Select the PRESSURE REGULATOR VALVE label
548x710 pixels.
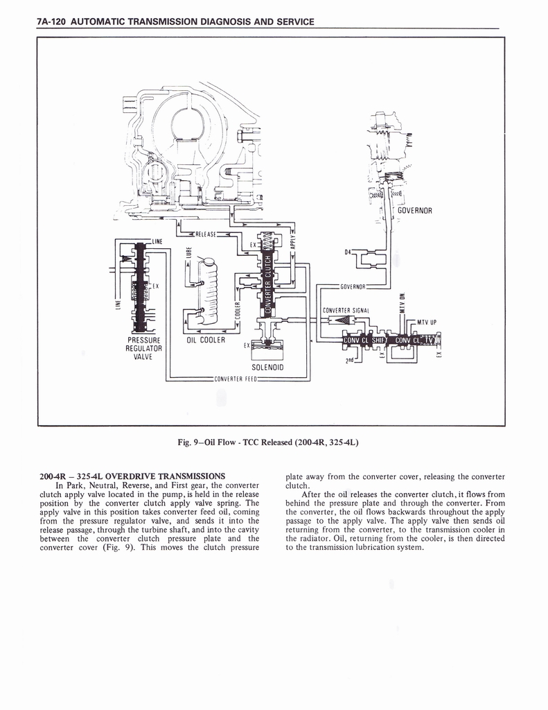click(143, 348)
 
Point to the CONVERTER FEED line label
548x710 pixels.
click(236, 379)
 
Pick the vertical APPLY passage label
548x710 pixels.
click(292, 239)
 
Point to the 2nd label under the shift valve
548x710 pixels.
click(349, 359)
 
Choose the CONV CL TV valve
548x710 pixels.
click(415, 340)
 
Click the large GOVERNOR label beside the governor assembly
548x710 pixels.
click(414, 211)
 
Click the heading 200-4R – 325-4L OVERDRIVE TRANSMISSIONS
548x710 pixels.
click(133, 476)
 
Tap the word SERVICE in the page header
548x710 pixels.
click(294, 21)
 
